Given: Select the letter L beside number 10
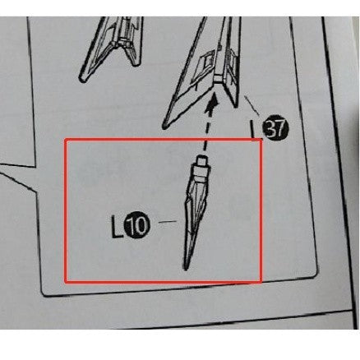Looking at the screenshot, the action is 117,226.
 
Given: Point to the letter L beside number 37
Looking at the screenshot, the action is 253,129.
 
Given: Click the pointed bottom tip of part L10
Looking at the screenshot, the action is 186,270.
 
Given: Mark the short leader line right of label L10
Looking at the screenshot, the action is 168,222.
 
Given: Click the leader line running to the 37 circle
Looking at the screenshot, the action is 252,106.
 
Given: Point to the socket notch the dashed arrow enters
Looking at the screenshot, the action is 217,79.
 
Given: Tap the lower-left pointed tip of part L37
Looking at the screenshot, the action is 165,127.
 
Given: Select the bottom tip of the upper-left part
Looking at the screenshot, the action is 81,79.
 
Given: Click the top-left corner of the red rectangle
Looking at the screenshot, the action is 66,139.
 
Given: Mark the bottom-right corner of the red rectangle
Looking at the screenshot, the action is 261,282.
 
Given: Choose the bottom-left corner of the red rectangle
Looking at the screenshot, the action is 66,282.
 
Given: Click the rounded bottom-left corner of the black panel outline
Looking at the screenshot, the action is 44,293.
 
